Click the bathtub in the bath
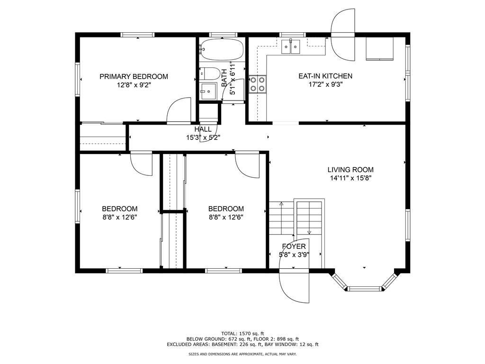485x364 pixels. pyautogui.click(x=221, y=49)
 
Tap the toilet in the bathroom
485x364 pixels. pyautogui.click(x=210, y=73)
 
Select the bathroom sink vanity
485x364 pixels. pyautogui.click(x=208, y=91)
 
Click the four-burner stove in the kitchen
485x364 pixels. pyautogui.click(x=258, y=84)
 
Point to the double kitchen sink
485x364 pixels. pyautogui.click(x=291, y=47)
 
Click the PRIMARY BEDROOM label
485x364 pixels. pyautogui.click(x=134, y=76)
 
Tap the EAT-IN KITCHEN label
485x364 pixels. pyautogui.click(x=325, y=76)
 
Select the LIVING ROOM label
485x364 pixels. pyautogui.click(x=350, y=170)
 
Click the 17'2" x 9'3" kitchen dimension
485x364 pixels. pyautogui.click(x=326, y=84)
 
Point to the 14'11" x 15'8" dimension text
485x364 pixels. pyautogui.click(x=350, y=178)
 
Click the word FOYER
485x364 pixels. pyautogui.click(x=294, y=246)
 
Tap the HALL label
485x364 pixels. pyautogui.click(x=203, y=129)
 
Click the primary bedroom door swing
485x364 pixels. pyautogui.click(x=179, y=110)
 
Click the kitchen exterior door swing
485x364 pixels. pyautogui.click(x=343, y=35)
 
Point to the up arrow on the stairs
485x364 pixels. pyautogui.click(x=281, y=204)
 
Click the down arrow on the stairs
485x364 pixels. pyautogui.click(x=309, y=232)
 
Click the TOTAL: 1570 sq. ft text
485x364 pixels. pyautogui.click(x=242, y=334)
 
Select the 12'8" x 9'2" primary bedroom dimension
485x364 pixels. pyautogui.click(x=134, y=85)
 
